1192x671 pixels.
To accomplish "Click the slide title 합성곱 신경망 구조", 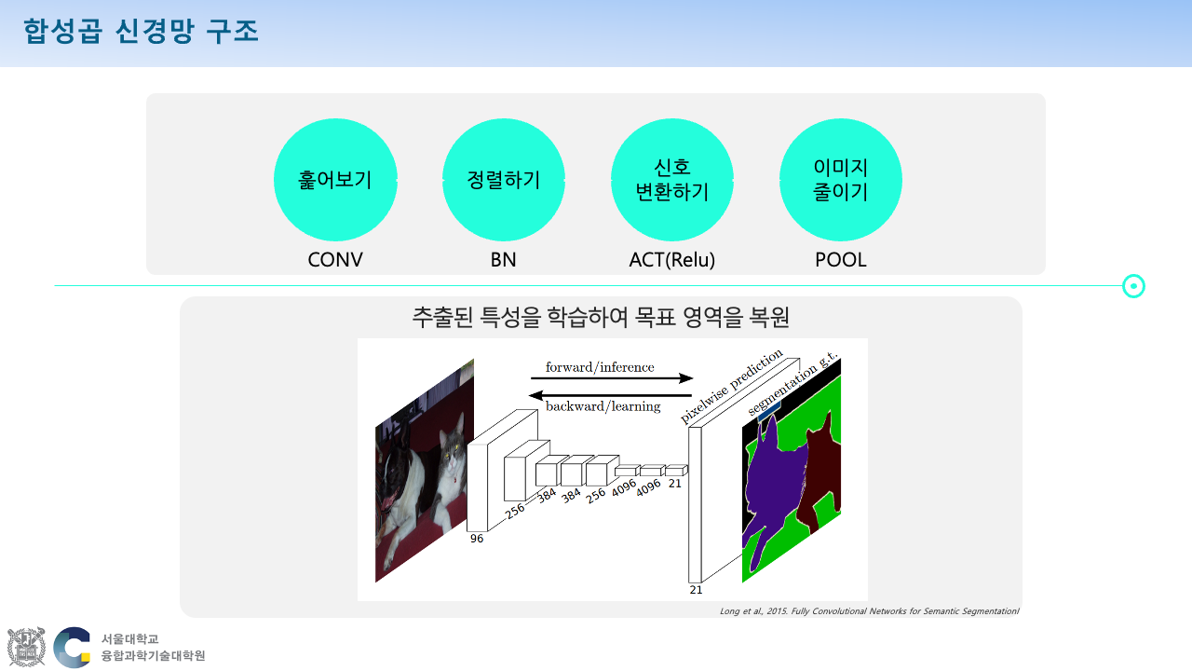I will pyautogui.click(x=141, y=32).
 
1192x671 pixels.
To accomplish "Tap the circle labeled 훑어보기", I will pyautogui.click(x=335, y=180).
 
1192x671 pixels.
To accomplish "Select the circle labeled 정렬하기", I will pyautogui.click(x=504, y=180).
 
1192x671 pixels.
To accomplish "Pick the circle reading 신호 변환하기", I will pyautogui.click(x=672, y=180).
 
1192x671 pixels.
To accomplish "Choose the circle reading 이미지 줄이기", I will pyautogui.click(x=841, y=180).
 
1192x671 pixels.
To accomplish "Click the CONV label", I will pyautogui.click(x=335, y=260).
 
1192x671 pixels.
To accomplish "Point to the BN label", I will pyautogui.click(x=504, y=260).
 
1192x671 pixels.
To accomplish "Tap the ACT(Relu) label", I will pyautogui.click(x=672, y=260).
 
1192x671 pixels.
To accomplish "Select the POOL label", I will pyautogui.click(x=841, y=260).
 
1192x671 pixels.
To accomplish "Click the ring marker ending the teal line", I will pyautogui.click(x=1133, y=286).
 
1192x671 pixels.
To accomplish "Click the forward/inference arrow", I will pyautogui.click(x=612, y=378).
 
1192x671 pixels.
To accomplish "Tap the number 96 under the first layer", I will pyautogui.click(x=477, y=539).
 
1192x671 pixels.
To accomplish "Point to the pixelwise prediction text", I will pyautogui.click(x=732, y=388).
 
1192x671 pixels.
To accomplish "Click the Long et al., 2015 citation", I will pyautogui.click(x=869, y=611).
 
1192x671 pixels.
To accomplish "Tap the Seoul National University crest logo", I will pyautogui.click(x=26, y=647).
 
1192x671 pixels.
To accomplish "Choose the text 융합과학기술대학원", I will pyautogui.click(x=153, y=656).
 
